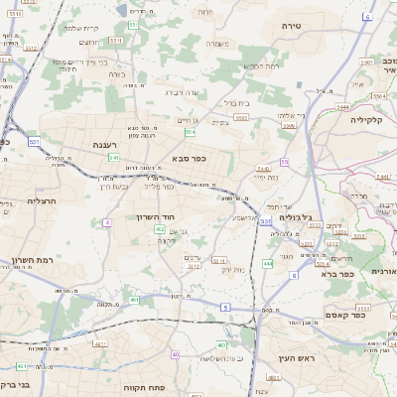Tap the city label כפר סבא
click(189, 159)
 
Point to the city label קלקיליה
click(373, 118)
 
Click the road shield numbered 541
click(114, 157)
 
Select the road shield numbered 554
click(190, 130)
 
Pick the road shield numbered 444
click(268, 263)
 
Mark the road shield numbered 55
click(284, 161)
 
